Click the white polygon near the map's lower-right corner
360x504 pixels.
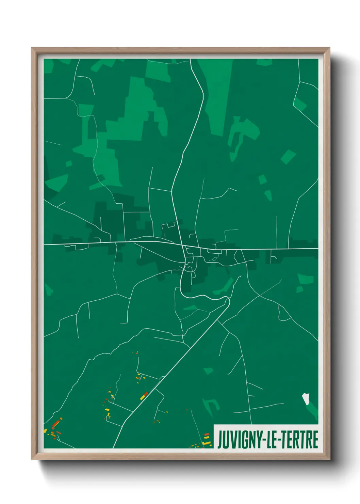[x=306, y=399]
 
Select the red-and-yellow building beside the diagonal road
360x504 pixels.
[x=144, y=395]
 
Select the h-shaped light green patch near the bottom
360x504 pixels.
[x=211, y=407]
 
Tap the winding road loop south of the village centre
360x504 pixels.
[x=204, y=296]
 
